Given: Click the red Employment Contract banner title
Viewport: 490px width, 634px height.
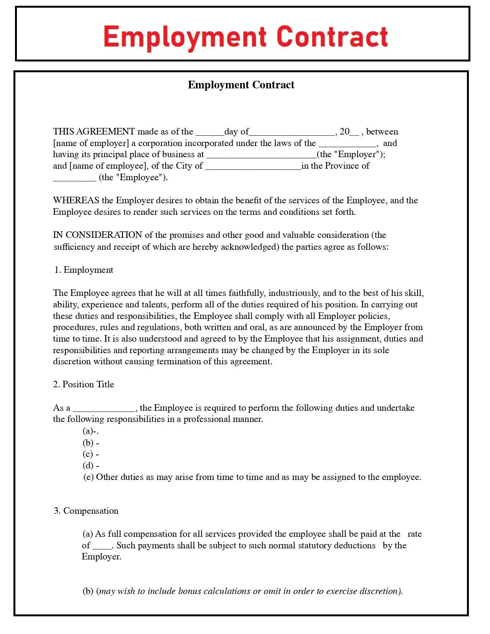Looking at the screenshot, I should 245,37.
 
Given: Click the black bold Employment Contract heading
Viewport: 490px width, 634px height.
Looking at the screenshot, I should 241,85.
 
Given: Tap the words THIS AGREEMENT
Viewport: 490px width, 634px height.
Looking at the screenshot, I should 94,131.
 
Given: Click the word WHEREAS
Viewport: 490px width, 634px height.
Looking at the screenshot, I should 76,200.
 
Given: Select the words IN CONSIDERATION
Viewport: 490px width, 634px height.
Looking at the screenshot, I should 98,235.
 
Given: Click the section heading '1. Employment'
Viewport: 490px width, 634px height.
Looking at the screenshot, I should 84,270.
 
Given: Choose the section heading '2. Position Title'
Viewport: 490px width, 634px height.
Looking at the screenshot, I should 83,384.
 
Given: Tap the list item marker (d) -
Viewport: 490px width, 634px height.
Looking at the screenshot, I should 91,465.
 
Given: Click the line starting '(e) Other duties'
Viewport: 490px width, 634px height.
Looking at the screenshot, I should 252,477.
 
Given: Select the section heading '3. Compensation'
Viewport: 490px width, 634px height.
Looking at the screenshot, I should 86,511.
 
